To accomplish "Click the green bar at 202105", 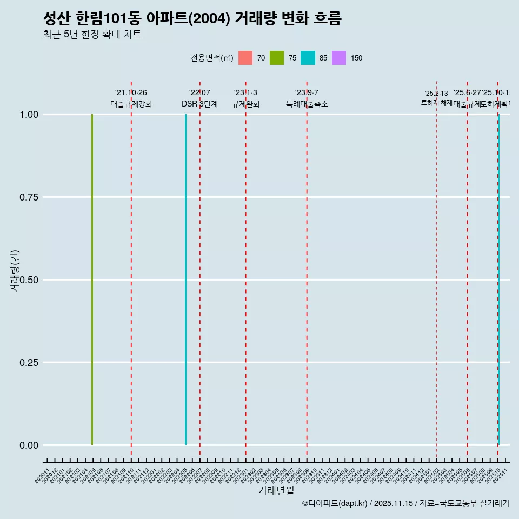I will [x=92, y=280].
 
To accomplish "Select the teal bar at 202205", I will [x=185, y=280].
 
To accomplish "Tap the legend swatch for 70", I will [x=245, y=58].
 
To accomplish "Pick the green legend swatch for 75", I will [x=277, y=58].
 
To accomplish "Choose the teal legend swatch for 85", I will [x=308, y=58].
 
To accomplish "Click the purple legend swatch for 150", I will [x=339, y=58].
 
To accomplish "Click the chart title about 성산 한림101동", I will [x=192, y=19].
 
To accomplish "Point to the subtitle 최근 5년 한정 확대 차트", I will [x=92, y=35].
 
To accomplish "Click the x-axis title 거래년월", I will [x=276, y=490].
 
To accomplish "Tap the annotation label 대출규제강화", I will [x=131, y=104].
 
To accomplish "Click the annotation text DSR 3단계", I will [x=199, y=104].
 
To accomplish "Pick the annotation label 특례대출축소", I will [x=307, y=104].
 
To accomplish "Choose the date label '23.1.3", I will [x=245, y=93].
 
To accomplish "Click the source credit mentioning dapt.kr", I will [x=405, y=503].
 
